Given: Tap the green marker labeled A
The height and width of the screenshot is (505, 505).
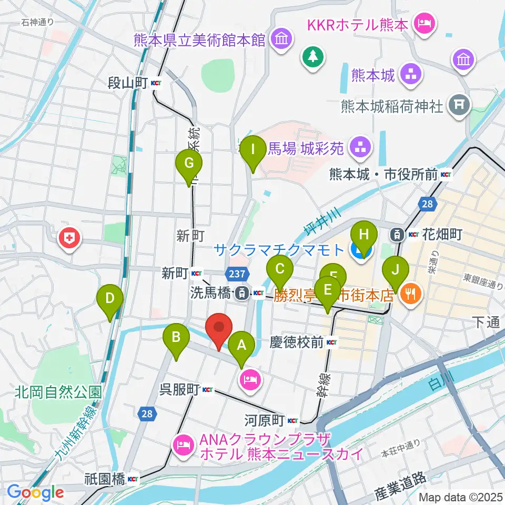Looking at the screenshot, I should point(241,347).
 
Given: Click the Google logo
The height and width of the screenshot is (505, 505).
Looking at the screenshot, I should point(35,492).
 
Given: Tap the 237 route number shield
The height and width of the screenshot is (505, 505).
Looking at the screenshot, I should point(237,273).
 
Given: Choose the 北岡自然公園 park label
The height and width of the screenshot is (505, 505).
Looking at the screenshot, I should point(58,392).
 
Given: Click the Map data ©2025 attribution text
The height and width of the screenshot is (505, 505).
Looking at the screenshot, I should point(461,497).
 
